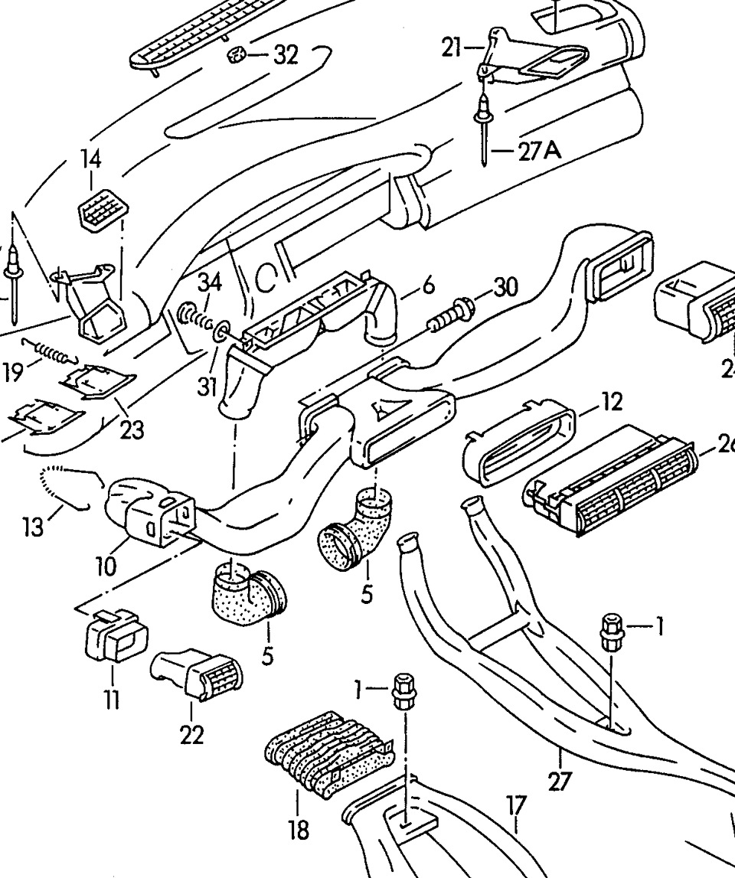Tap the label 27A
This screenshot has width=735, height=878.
tap(539, 152)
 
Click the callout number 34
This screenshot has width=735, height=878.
tap(209, 283)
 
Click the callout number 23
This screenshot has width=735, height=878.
tap(132, 430)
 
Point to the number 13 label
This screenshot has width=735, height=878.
tap(32, 528)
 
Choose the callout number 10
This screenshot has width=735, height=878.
tap(106, 567)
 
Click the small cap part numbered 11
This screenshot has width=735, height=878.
tap(115, 640)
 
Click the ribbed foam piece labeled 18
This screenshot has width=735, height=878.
tap(327, 754)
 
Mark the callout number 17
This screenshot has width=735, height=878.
tap(517, 805)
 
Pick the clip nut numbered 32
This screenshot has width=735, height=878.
tap(237, 55)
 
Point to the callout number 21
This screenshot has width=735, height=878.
tap(452, 48)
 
